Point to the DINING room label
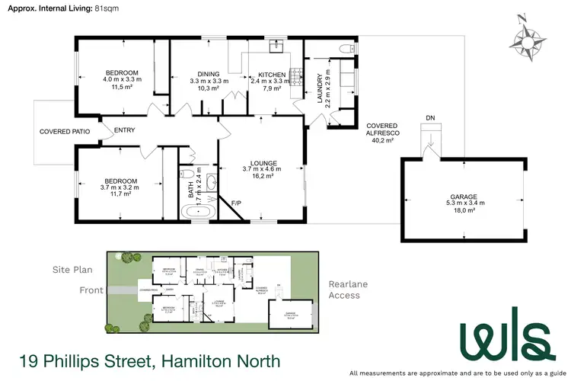click(203, 75)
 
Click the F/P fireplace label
click(237, 203)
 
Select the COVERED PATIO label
click(65, 132)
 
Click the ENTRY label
click(124, 130)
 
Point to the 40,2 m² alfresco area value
click(381, 140)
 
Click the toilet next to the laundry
click(347, 50)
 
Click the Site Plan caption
click(72, 270)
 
